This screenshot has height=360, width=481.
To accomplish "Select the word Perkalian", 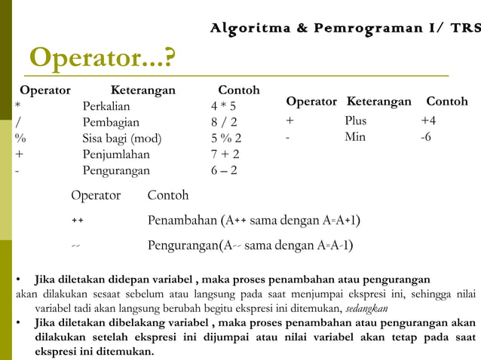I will point(106,106).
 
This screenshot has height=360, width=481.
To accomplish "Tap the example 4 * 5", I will point(223,106).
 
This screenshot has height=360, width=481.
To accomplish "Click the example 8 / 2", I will point(223,122).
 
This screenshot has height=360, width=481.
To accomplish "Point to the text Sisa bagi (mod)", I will point(121,139).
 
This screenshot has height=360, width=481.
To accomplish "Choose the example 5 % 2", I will point(226,139).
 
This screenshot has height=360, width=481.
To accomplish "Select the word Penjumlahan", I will point(116,154).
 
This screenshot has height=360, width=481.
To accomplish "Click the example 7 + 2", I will point(225,154).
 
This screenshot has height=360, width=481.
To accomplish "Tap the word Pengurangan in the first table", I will point(116,171).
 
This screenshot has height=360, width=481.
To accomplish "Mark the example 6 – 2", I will point(224,171).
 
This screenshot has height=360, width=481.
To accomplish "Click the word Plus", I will point(356,121).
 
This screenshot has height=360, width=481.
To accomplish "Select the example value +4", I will point(428,121).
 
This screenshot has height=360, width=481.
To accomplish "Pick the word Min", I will point(354,137).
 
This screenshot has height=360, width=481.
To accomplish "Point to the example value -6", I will point(426,137).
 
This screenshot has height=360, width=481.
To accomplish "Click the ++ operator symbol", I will point(77,221).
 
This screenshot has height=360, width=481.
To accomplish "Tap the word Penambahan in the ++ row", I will point(182,221).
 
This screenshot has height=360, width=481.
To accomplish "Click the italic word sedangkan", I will point(366,309).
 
